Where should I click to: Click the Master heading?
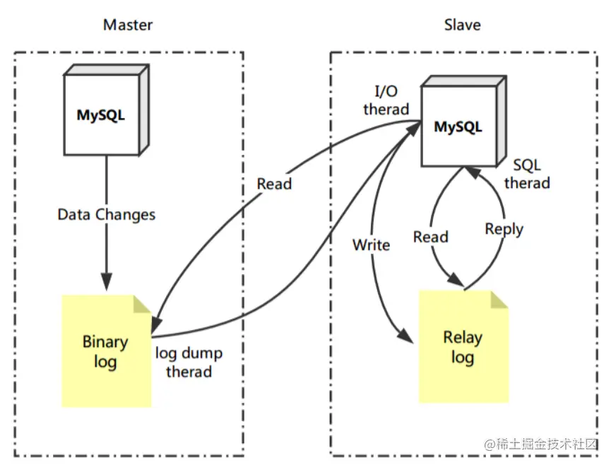coord(128,25)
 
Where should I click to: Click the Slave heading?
coord(462,25)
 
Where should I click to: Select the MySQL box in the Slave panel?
coord(458,127)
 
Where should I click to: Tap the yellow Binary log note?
coord(105,351)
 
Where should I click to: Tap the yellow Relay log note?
coord(463,346)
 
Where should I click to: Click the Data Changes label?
coord(106,214)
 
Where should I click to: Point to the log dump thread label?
coord(189,361)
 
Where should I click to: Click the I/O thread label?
coord(386,100)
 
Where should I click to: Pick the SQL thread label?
coord(527,174)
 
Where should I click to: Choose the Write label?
coord(371,245)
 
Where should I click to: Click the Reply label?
coord(504,229)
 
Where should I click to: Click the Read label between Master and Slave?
coord(274,184)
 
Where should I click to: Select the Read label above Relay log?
coord(431,237)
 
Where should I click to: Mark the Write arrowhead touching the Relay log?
coord(405,338)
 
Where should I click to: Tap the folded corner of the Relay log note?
coord(500,299)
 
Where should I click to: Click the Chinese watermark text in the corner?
coord(541,445)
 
